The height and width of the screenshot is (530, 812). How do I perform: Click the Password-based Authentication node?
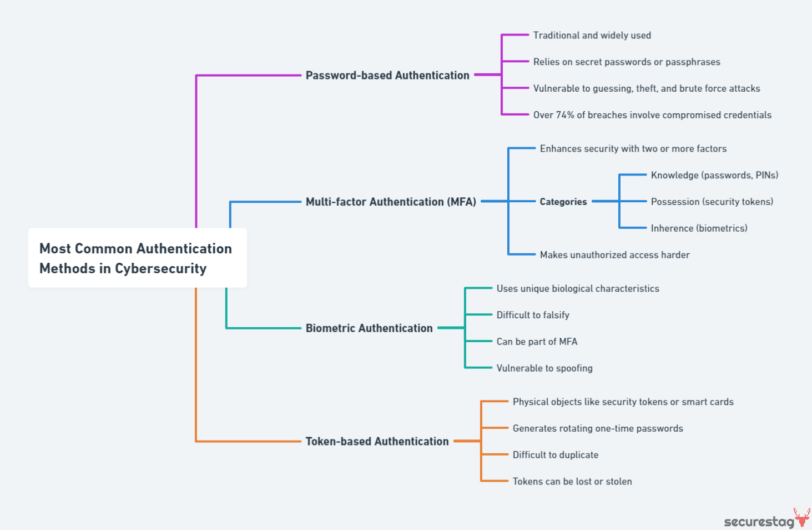point(387,75)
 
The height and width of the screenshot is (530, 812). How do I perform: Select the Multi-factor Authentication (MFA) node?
point(391,202)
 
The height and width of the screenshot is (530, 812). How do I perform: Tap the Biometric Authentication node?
point(369,328)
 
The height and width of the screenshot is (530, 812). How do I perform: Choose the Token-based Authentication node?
point(377,442)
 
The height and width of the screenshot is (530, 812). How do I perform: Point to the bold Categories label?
point(563,202)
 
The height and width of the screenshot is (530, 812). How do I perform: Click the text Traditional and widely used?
point(592,36)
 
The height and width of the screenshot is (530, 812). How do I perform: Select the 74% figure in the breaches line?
point(565,115)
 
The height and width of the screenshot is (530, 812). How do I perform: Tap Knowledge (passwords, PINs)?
point(714,175)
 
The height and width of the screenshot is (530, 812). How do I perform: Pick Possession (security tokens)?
point(712,202)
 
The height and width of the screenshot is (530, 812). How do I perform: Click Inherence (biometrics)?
point(699,228)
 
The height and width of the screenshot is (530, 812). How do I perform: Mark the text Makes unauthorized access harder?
point(614,255)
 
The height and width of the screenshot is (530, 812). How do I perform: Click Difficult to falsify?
point(533,315)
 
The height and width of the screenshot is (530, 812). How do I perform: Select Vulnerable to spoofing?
point(544,368)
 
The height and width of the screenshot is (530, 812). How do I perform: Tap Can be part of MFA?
point(537,342)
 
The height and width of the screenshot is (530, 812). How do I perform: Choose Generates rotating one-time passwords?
point(598,428)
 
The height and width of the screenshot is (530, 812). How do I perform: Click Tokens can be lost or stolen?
point(572,482)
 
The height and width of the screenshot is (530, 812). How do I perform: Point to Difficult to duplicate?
point(556,455)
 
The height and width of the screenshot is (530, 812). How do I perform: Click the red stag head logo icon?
point(802,517)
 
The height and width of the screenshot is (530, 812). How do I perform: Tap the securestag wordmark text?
point(759,522)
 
